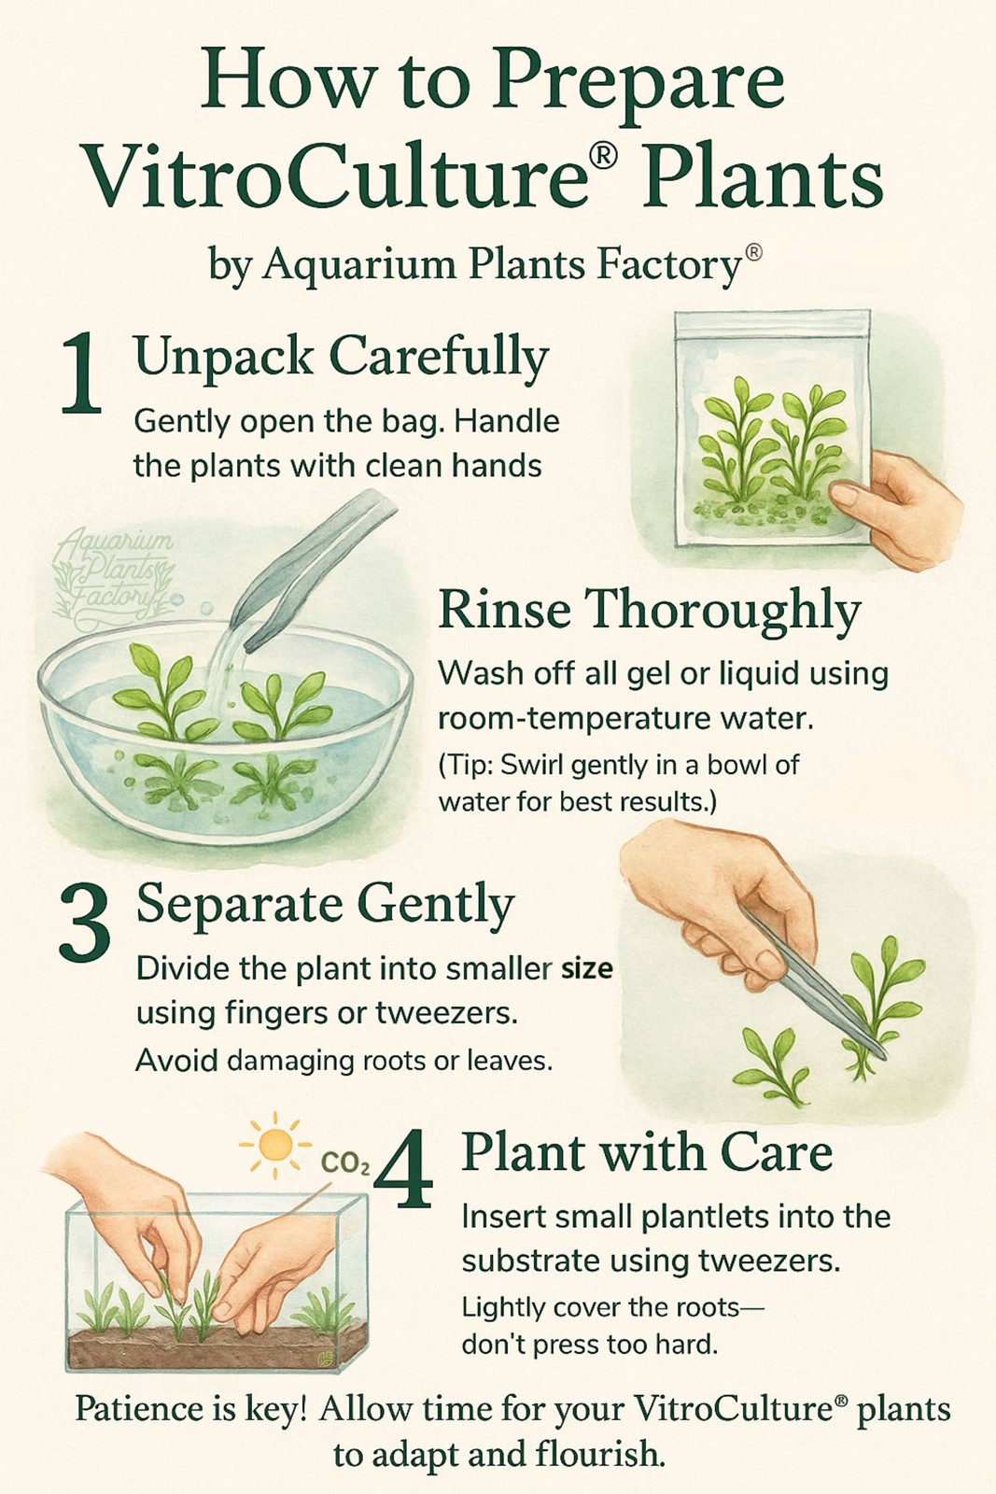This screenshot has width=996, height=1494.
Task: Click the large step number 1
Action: click(82, 373)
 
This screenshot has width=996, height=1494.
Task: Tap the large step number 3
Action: click(85, 923)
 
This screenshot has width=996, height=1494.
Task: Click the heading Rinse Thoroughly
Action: click(650, 610)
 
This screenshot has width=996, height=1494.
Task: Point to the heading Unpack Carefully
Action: click(342, 359)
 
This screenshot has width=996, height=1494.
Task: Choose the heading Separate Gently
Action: click(326, 907)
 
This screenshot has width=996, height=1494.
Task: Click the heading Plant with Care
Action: click(647, 1152)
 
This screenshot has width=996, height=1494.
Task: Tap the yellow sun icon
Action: click(275, 1145)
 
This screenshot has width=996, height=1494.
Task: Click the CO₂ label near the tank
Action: click(344, 1163)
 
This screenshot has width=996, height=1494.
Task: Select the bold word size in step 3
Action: click(586, 967)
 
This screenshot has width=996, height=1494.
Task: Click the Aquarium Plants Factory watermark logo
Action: click(113, 572)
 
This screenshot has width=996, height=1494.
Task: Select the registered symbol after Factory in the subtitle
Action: click(752, 253)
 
